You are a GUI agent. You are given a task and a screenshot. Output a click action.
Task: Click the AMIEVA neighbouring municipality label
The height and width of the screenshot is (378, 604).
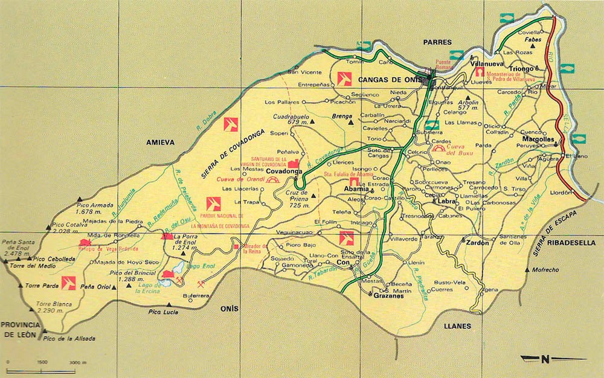point(160,143)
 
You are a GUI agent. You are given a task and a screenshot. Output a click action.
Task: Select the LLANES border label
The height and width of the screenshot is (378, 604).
point(457,326)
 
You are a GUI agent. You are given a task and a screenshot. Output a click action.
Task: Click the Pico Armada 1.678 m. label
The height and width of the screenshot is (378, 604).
point(95,208)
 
